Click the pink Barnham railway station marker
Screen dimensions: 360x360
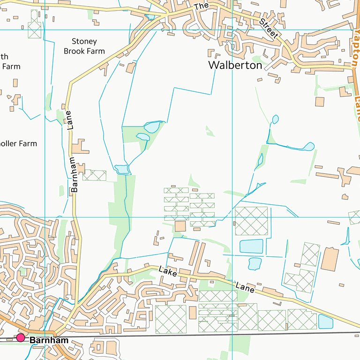[x=21, y=338]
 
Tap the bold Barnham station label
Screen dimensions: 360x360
[x=49, y=340]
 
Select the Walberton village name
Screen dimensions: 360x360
[x=235, y=65]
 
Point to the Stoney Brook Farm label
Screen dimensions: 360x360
[x=84, y=46]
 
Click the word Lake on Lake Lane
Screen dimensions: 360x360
[x=168, y=271]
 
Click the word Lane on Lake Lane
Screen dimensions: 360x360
[x=245, y=287]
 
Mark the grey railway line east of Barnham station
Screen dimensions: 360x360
[x=187, y=335]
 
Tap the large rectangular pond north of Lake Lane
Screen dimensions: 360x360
[x=251, y=246]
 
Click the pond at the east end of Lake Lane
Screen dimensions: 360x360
[x=325, y=322]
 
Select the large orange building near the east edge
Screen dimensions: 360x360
[x=330, y=259]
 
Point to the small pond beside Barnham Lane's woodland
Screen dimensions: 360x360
[x=121, y=169]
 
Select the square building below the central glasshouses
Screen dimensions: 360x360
[x=180, y=226]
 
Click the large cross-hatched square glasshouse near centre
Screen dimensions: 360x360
[x=251, y=221]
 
